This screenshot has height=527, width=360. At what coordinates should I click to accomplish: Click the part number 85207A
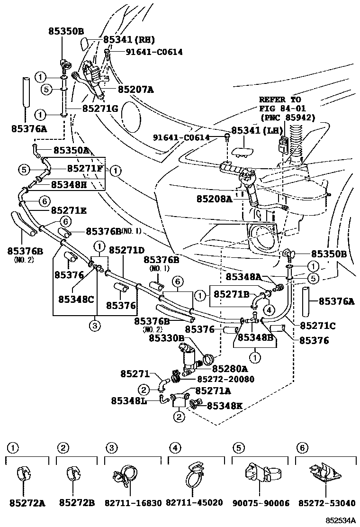135,89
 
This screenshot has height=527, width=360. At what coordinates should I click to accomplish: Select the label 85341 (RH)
129,40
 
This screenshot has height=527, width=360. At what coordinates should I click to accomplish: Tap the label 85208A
215,200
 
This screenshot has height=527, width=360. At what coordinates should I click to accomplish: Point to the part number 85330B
166,338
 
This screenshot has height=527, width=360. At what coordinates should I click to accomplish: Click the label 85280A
229,368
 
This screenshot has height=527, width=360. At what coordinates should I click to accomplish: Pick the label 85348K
225,406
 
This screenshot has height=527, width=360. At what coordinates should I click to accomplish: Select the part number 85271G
100,109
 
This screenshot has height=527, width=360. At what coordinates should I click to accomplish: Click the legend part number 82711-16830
133,503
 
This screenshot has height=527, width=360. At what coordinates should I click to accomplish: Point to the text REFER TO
280,100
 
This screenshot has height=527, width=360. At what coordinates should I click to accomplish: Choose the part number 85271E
68,210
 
